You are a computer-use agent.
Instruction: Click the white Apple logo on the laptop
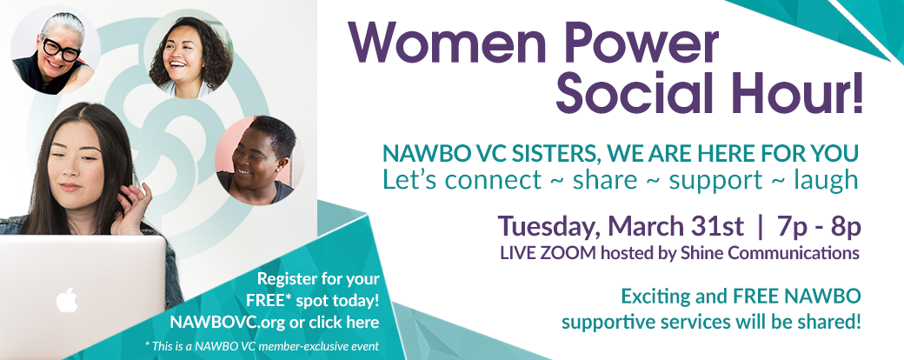67,300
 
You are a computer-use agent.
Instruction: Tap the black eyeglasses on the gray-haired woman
60,49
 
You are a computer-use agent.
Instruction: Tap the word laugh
826,181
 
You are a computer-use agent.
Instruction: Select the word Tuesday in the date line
543,227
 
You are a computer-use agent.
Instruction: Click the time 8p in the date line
847,227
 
